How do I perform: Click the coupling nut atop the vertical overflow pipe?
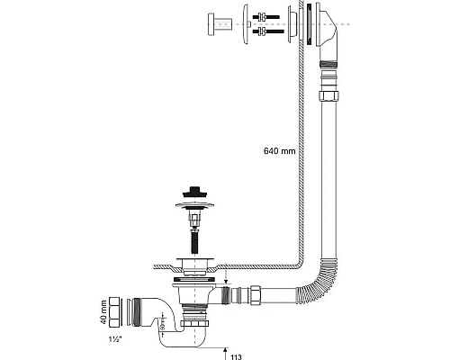326,94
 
